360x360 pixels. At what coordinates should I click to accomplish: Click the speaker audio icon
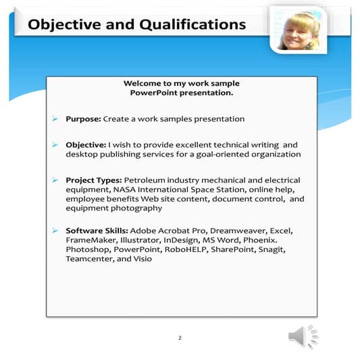click(x=303, y=336)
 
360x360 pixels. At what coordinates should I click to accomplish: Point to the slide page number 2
click(x=180, y=337)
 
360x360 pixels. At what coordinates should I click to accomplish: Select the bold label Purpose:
click(x=83, y=119)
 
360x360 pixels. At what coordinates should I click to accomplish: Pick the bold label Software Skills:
click(x=97, y=230)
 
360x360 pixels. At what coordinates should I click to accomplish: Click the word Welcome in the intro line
click(x=143, y=83)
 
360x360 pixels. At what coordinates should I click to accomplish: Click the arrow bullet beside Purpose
click(x=55, y=119)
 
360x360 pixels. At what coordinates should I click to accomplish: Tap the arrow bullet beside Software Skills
click(x=55, y=230)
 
